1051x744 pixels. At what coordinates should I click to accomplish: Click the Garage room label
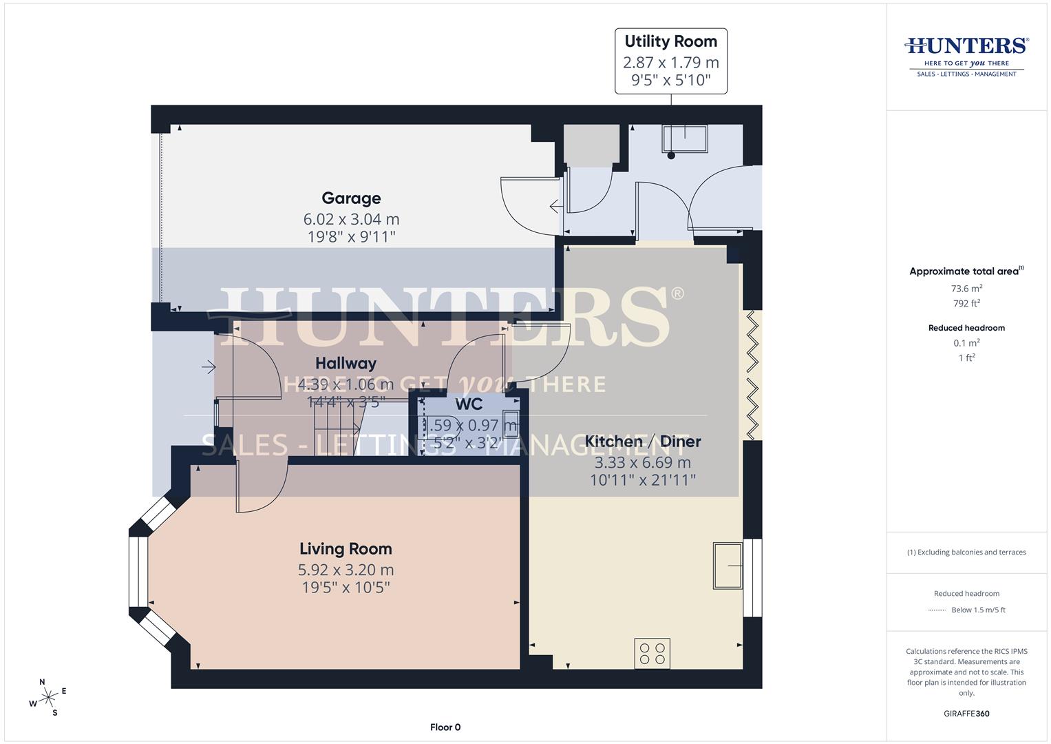pyautogui.click(x=351, y=198)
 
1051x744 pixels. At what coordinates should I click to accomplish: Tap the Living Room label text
pyautogui.click(x=346, y=549)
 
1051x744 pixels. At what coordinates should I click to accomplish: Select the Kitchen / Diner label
pyautogui.click(x=643, y=442)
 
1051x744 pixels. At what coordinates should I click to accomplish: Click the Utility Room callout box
pyautogui.click(x=670, y=61)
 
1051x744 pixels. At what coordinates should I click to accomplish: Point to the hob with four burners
pyautogui.click(x=652, y=653)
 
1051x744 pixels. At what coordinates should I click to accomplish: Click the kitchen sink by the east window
pyautogui.click(x=728, y=566)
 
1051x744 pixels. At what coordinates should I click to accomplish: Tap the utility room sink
pyautogui.click(x=684, y=138)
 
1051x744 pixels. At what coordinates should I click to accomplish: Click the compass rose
pyautogui.click(x=47, y=698)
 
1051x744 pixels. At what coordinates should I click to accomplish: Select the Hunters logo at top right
pyautogui.click(x=966, y=56)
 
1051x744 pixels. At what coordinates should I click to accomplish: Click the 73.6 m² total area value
pyautogui.click(x=966, y=289)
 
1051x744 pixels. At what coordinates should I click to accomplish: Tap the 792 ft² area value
pyautogui.click(x=966, y=303)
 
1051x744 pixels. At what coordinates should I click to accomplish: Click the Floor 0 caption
pyautogui.click(x=445, y=727)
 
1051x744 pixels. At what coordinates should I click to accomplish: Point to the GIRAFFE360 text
pyautogui.click(x=966, y=714)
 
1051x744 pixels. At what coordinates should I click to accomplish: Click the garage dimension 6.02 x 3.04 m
pyautogui.click(x=351, y=219)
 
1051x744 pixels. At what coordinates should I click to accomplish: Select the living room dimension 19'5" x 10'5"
pyautogui.click(x=346, y=588)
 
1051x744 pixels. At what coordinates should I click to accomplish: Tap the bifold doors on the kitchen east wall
pyautogui.click(x=753, y=375)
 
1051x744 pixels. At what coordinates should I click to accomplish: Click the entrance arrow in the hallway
pyautogui.click(x=208, y=368)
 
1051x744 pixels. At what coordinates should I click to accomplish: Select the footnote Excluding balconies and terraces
pyautogui.click(x=966, y=552)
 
